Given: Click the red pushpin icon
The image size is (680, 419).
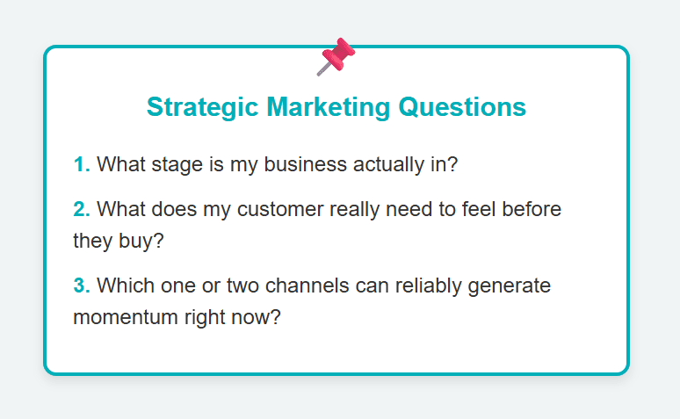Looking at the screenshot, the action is click(x=336, y=57).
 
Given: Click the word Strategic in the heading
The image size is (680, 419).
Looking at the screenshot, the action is click(x=203, y=107).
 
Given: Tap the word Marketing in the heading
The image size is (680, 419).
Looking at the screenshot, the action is click(x=329, y=107).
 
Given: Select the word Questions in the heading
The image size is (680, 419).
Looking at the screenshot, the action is click(x=462, y=106).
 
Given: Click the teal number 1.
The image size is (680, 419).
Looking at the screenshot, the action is click(x=82, y=164).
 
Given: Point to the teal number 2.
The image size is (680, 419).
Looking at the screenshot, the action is click(x=82, y=209).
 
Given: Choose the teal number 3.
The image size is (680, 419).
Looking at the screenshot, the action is click(x=82, y=285).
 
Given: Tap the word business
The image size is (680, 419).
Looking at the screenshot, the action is click(x=306, y=164).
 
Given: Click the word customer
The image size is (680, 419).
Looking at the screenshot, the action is click(x=280, y=210).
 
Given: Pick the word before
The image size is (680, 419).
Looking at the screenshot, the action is click(x=532, y=209).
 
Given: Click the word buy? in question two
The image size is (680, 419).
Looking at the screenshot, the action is click(x=141, y=242).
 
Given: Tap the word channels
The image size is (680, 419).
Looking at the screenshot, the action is click(x=307, y=285).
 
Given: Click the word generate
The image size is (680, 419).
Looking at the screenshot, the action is click(x=510, y=286).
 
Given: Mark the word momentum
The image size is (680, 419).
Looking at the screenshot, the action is click(x=126, y=317).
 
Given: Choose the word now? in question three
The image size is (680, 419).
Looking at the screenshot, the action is click(x=256, y=317).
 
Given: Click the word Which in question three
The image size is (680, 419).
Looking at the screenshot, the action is click(x=126, y=285).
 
